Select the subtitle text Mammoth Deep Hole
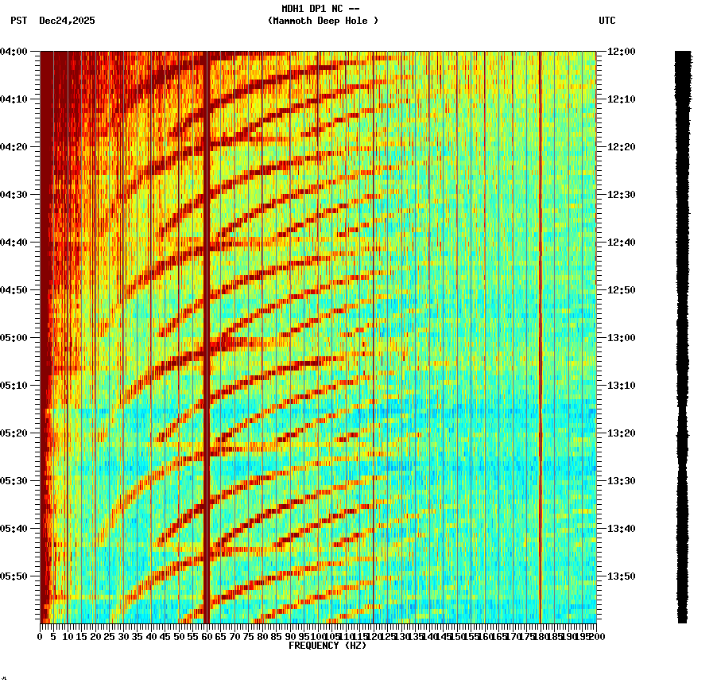(x=323, y=21)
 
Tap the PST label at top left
(x=19, y=21)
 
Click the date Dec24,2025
(x=67, y=21)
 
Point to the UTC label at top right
(x=607, y=21)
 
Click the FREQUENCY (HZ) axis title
(x=327, y=646)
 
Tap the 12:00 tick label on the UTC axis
(x=621, y=52)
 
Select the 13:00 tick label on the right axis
(x=621, y=338)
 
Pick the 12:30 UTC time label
(x=621, y=195)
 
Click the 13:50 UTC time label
(x=621, y=576)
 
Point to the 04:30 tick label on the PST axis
(x=14, y=195)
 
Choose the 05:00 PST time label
(x=14, y=338)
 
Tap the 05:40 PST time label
(x=14, y=529)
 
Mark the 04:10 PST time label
(x=14, y=99)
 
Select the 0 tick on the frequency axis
(x=41, y=637)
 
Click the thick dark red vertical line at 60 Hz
(x=207, y=318)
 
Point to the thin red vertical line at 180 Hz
(x=540, y=318)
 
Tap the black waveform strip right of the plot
(x=683, y=334)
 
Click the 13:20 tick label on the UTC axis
(x=621, y=433)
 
